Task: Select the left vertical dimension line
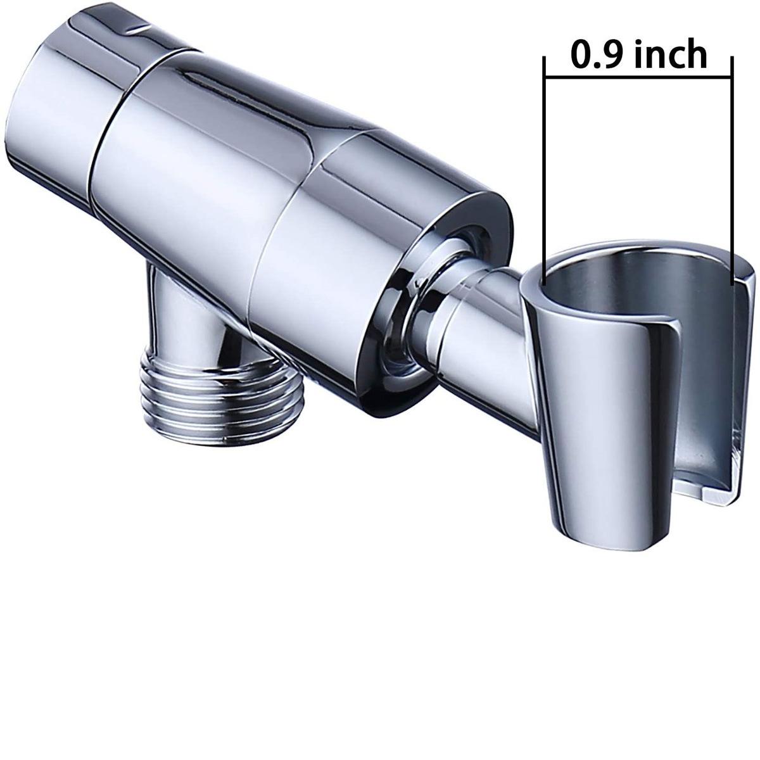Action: pyautogui.click(x=545, y=158)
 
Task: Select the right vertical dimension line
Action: pyautogui.click(x=732, y=158)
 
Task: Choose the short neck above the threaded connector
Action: pyautogui.click(x=184, y=317)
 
